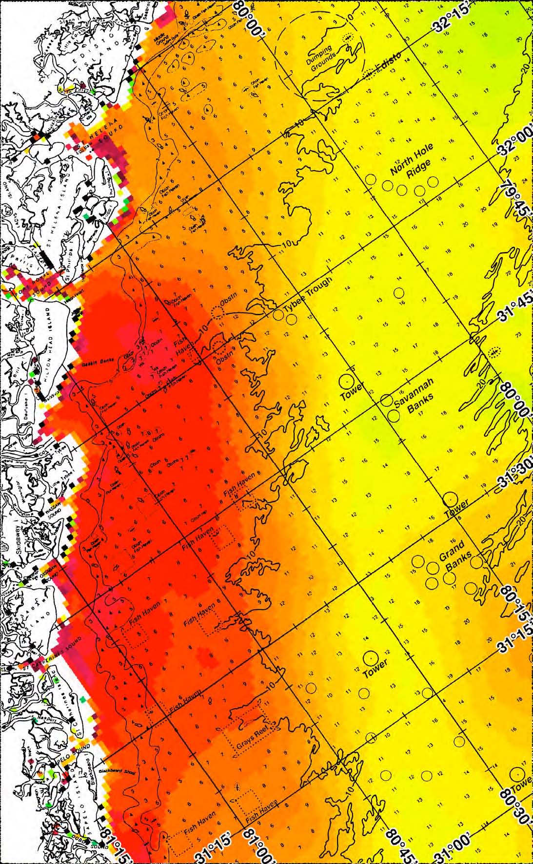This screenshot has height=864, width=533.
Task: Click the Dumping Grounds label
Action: [322, 58]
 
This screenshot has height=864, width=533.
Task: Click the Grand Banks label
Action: [455, 555]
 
